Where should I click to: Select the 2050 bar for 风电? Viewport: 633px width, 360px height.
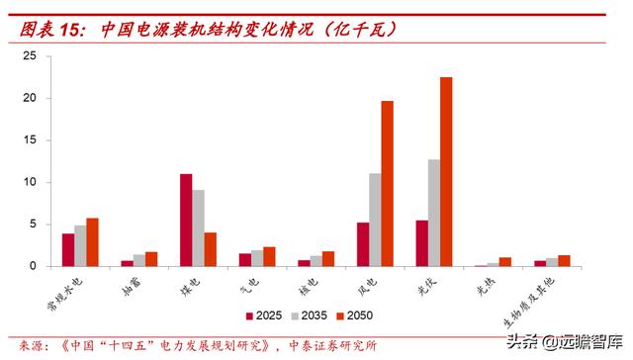tap(387, 184)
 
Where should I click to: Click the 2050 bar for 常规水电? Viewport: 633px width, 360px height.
tap(93, 242)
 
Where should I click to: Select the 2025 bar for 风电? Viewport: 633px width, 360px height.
tap(363, 244)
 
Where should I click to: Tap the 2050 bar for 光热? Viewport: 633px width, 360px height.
tap(504, 262)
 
